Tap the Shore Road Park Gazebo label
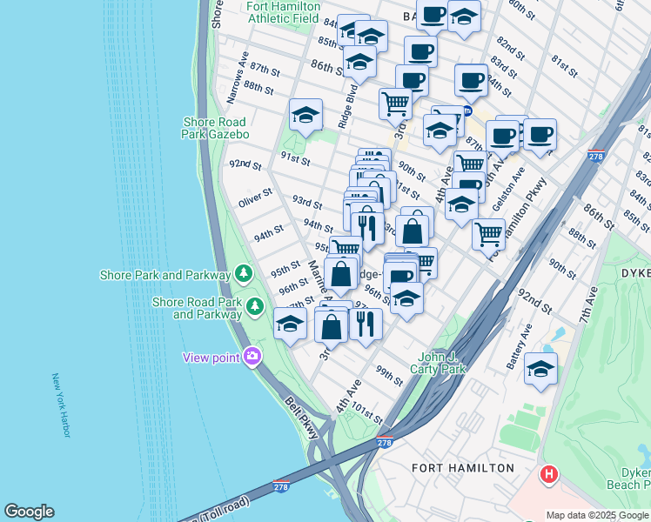click(x=215, y=128)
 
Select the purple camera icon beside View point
click(x=252, y=356)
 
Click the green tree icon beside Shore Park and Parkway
click(x=244, y=275)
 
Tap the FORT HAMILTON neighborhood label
click(x=463, y=468)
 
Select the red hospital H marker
click(x=549, y=475)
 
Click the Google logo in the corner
click(x=29, y=512)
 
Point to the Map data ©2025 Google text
click(x=597, y=515)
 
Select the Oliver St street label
click(x=256, y=203)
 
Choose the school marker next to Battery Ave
click(x=540, y=369)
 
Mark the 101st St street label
click(x=366, y=412)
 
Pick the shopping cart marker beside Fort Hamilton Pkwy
click(x=488, y=233)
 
